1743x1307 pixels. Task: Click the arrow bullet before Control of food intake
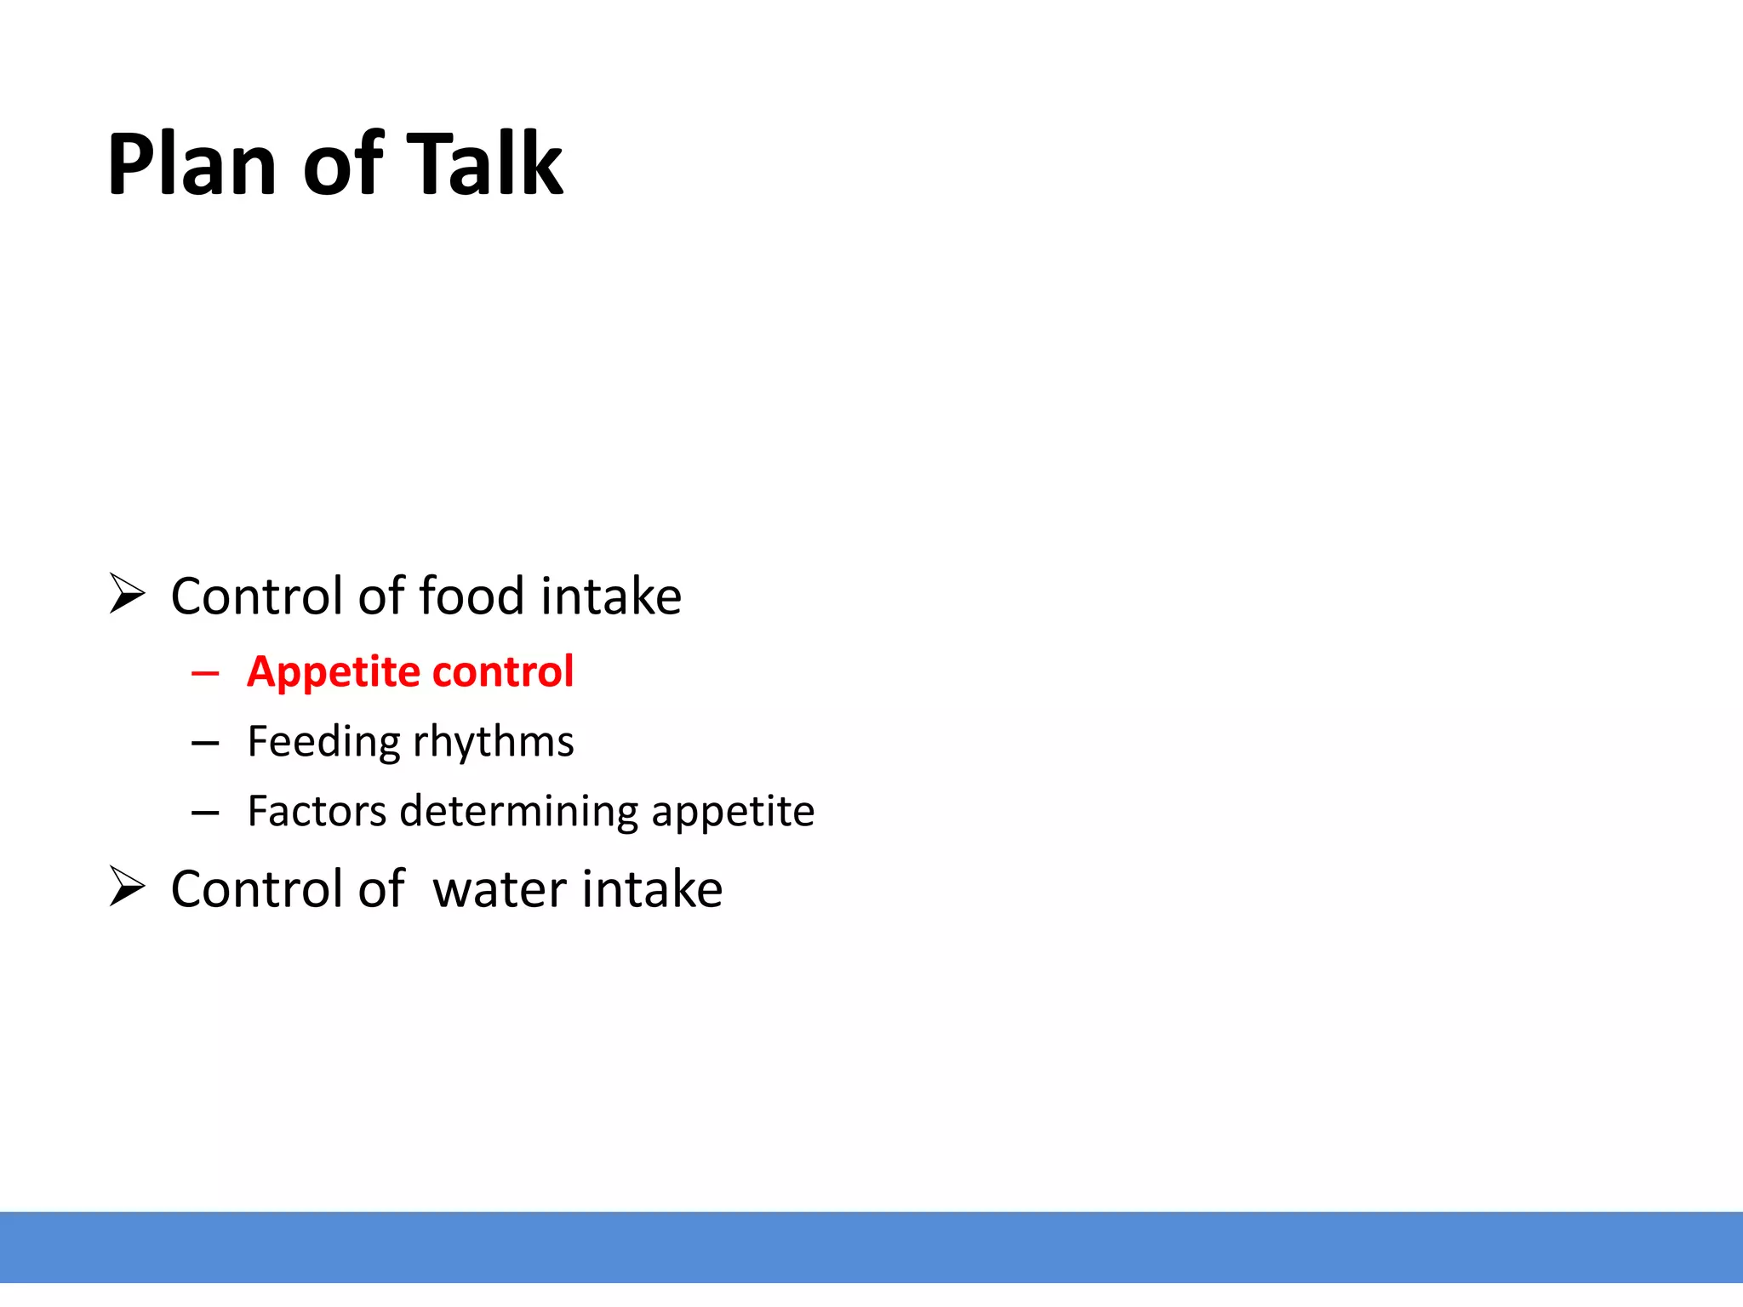point(128,594)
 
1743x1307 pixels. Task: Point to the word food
point(471,596)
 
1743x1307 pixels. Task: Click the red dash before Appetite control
point(205,675)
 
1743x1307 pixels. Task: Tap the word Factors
point(317,811)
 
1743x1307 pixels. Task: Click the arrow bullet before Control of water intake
point(128,887)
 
